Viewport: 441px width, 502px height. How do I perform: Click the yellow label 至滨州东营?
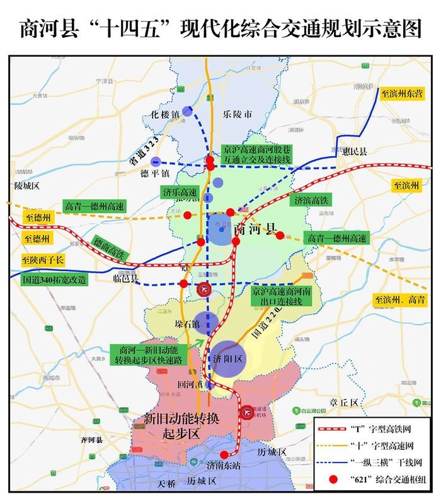tap(402, 94)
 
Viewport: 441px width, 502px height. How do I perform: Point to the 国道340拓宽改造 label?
tap(54, 280)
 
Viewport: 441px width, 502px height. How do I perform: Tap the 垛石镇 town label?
tap(169, 324)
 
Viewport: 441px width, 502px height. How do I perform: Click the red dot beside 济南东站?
tap(224, 455)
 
